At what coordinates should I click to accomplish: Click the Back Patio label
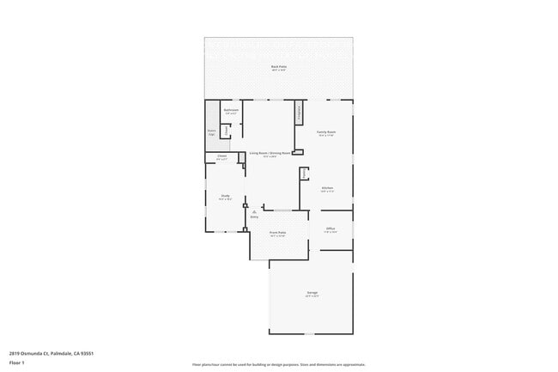point(278,66)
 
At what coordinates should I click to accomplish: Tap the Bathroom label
point(231,110)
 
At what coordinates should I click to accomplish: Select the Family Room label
point(326,131)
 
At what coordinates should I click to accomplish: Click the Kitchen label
point(327,188)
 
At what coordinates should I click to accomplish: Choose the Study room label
point(225,196)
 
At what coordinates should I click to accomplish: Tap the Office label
point(331,228)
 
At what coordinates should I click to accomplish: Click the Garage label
point(312,293)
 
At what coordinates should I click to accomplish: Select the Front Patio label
point(277,232)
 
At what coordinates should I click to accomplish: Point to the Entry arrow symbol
point(253,211)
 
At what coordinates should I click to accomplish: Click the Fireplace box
point(299,112)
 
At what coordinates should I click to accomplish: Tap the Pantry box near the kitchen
point(303,174)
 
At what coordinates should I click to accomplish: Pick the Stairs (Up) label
point(211,133)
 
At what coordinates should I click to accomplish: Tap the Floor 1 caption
point(17,363)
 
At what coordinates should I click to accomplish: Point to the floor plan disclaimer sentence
point(278,364)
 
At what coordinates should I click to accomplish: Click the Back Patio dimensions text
point(278,70)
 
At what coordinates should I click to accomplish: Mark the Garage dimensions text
point(312,296)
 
